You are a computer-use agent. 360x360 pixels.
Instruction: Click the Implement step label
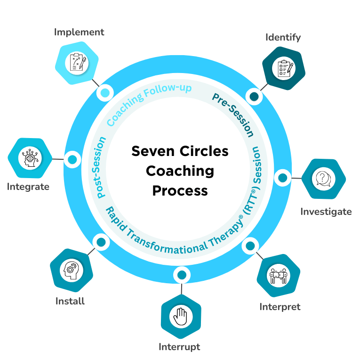pos(79,33)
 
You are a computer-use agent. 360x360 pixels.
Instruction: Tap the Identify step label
pos(283,37)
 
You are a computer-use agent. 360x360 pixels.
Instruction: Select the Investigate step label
pos(326,212)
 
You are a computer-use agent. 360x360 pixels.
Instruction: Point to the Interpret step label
pos(280,307)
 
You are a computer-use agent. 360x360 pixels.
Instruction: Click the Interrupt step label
pos(179,347)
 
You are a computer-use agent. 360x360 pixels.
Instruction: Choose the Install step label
pos(70,301)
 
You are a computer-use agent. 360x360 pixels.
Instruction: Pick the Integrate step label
pos(28,187)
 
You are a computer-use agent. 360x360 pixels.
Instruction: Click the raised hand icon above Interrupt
pos(181,316)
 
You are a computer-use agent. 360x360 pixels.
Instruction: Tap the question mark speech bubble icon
pos(323,179)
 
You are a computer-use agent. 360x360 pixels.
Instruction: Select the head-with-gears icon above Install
pos(71,270)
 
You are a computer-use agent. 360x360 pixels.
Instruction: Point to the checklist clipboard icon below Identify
pos(284,68)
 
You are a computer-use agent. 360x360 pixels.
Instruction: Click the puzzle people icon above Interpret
pos(279,276)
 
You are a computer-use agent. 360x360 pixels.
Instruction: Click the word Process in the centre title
pos(180,191)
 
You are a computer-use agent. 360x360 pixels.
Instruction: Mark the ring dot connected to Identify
pos(255,97)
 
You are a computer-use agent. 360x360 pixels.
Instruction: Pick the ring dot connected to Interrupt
pos(182,274)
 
